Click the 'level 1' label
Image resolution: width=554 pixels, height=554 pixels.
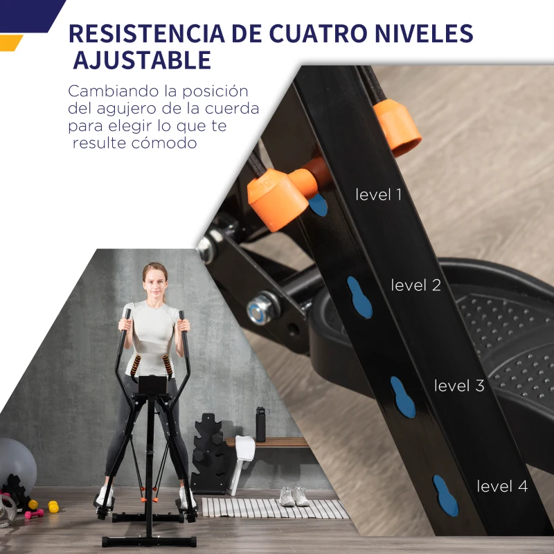378,195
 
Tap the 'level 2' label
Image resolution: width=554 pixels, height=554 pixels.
415,285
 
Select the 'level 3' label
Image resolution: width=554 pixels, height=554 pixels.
459,386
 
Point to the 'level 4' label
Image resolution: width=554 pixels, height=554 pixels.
502,486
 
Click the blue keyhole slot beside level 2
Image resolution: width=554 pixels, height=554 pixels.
359,297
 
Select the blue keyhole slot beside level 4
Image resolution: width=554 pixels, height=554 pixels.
445,496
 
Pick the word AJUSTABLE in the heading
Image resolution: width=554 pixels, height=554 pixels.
142,60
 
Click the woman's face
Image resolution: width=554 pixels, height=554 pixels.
154,280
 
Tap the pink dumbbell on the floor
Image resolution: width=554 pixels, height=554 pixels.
33,514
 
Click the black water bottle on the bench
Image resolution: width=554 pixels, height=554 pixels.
260,424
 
